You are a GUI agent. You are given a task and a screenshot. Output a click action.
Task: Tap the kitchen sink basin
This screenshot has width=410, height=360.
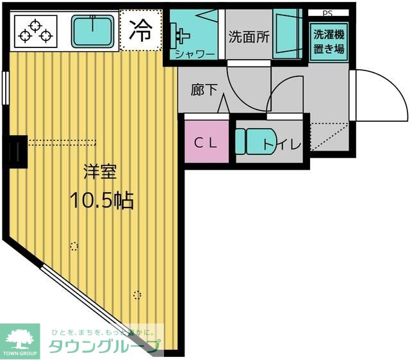[x=93, y=31]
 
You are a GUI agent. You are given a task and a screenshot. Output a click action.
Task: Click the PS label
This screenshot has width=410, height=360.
[x=327, y=12]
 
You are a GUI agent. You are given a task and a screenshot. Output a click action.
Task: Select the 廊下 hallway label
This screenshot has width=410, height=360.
[x=204, y=91]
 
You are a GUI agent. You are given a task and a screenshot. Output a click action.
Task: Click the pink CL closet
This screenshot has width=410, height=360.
[x=207, y=142]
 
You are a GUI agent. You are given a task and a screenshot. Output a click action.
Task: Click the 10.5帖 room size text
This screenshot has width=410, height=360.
[x=101, y=201]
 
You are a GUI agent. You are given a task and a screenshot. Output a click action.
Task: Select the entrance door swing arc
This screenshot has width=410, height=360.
[x=382, y=94]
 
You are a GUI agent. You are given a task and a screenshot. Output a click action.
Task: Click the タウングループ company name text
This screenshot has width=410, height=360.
[x=106, y=347]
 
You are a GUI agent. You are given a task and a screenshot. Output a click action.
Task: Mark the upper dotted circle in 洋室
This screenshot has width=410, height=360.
[x=74, y=245]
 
